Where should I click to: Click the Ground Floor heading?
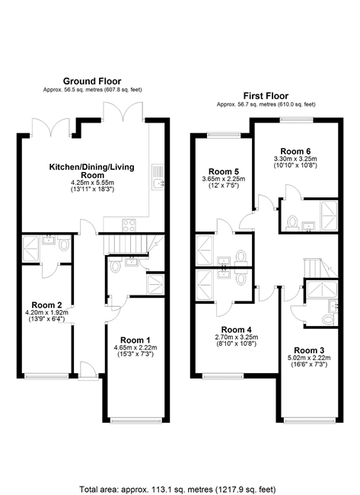pos(92,81)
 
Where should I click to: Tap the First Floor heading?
pos(266,96)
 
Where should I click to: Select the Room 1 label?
pos(135,340)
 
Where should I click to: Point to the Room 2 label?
pos(46,305)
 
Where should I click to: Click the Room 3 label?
pos(309,350)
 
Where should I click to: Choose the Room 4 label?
pos(236,330)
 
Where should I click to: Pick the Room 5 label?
pos(224,172)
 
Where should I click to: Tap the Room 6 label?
pos(295,152)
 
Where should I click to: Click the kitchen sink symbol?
pos(158,177)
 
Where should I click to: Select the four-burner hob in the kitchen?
pos(129,225)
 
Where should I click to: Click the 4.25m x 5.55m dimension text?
pos(92,183)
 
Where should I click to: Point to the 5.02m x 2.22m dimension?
pos(309,358)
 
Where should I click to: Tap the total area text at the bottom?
pos(177,490)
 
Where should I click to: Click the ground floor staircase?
pos(126,244)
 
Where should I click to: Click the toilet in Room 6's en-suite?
pos(292,222)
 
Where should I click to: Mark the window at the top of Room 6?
pos(297,120)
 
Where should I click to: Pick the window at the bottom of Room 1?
pos(136,420)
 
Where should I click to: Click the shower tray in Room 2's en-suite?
pos(30,249)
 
